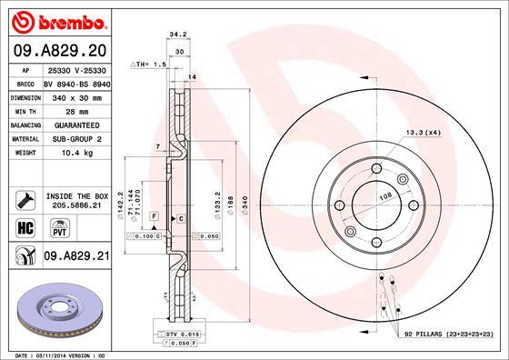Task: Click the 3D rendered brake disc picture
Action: tap(59, 311)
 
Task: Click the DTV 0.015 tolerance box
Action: tap(183, 336)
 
